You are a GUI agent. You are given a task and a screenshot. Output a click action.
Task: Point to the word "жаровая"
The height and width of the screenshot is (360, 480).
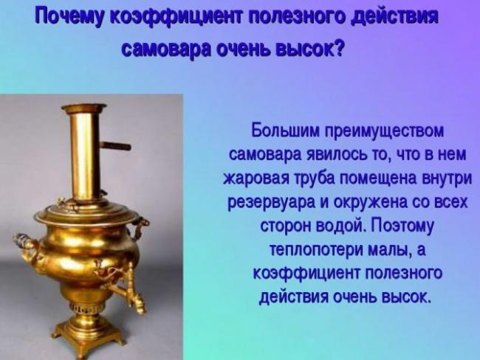click(257, 178)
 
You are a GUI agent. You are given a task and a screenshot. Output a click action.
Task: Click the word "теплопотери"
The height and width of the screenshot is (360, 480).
click(316, 250)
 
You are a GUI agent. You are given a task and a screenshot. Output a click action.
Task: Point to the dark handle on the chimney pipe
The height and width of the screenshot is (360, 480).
click(116, 146)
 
